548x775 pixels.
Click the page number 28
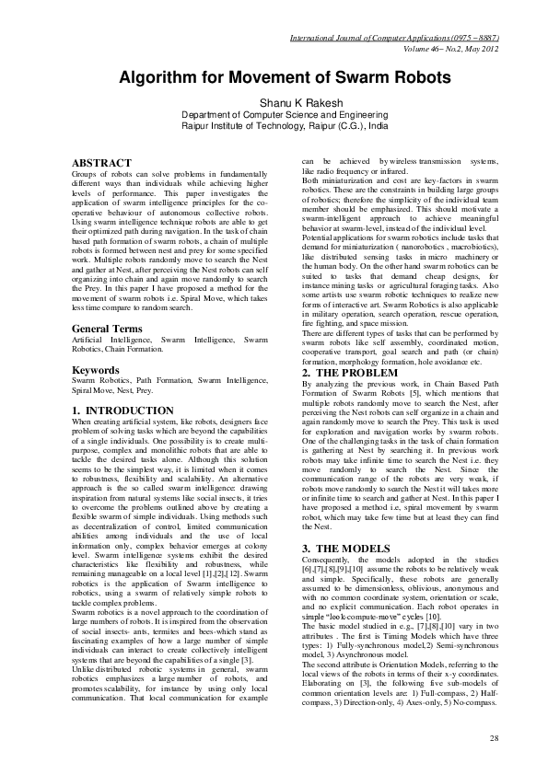[x=494, y=738]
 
